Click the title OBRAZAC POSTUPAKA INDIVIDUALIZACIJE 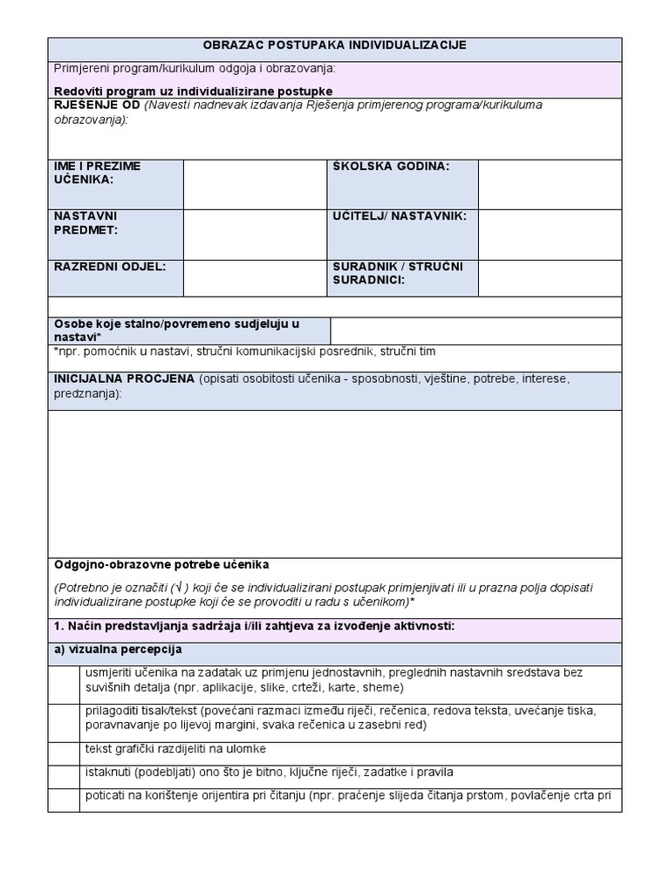point(335,44)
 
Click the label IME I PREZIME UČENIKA point(97,173)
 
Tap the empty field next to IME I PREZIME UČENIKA point(256,184)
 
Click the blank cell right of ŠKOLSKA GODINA point(550,184)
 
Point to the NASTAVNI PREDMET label point(85,222)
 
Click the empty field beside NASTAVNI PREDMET point(256,234)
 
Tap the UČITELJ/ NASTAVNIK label point(400,215)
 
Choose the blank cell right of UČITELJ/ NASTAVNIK point(550,234)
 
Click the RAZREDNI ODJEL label point(110,266)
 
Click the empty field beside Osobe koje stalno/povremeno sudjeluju point(475,331)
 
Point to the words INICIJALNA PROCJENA point(124,379)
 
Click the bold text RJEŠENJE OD point(97,106)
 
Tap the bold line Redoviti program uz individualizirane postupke point(193,91)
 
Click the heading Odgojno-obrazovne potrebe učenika point(162,564)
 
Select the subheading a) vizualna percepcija point(118,650)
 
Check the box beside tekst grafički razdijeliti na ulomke point(64,753)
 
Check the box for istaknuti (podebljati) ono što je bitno point(64,776)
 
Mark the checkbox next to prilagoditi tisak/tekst point(64,722)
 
